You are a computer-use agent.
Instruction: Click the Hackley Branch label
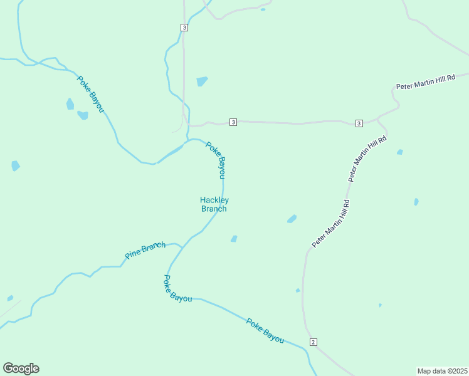pyautogui.click(x=213, y=204)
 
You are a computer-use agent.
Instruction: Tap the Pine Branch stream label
pyautogui.click(x=145, y=250)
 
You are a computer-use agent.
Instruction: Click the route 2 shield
pyautogui.click(x=314, y=342)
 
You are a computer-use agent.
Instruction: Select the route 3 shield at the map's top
pyautogui.click(x=184, y=28)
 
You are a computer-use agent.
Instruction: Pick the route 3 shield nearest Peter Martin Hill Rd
pyautogui.click(x=359, y=123)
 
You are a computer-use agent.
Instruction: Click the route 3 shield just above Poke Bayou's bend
pyautogui.click(x=233, y=122)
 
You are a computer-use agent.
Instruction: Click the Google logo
pyautogui.click(x=21, y=368)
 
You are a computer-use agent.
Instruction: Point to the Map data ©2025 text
pyautogui.click(x=442, y=370)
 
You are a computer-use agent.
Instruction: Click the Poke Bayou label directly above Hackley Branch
pyautogui.click(x=216, y=159)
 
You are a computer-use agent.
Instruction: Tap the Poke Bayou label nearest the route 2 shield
pyautogui.click(x=265, y=331)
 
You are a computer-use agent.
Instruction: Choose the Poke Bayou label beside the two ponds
pyautogui.click(x=90, y=94)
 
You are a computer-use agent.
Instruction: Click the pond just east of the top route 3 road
pyautogui.click(x=202, y=81)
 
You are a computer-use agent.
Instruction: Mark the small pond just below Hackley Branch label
pyautogui.click(x=234, y=239)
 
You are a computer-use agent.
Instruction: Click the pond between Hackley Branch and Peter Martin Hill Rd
pyautogui.click(x=292, y=219)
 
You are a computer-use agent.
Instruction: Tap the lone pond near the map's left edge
pyautogui.click(x=15, y=166)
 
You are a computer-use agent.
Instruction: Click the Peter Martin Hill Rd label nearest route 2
pyautogui.click(x=330, y=223)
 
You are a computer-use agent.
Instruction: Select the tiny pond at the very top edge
pyautogui.click(x=262, y=9)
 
